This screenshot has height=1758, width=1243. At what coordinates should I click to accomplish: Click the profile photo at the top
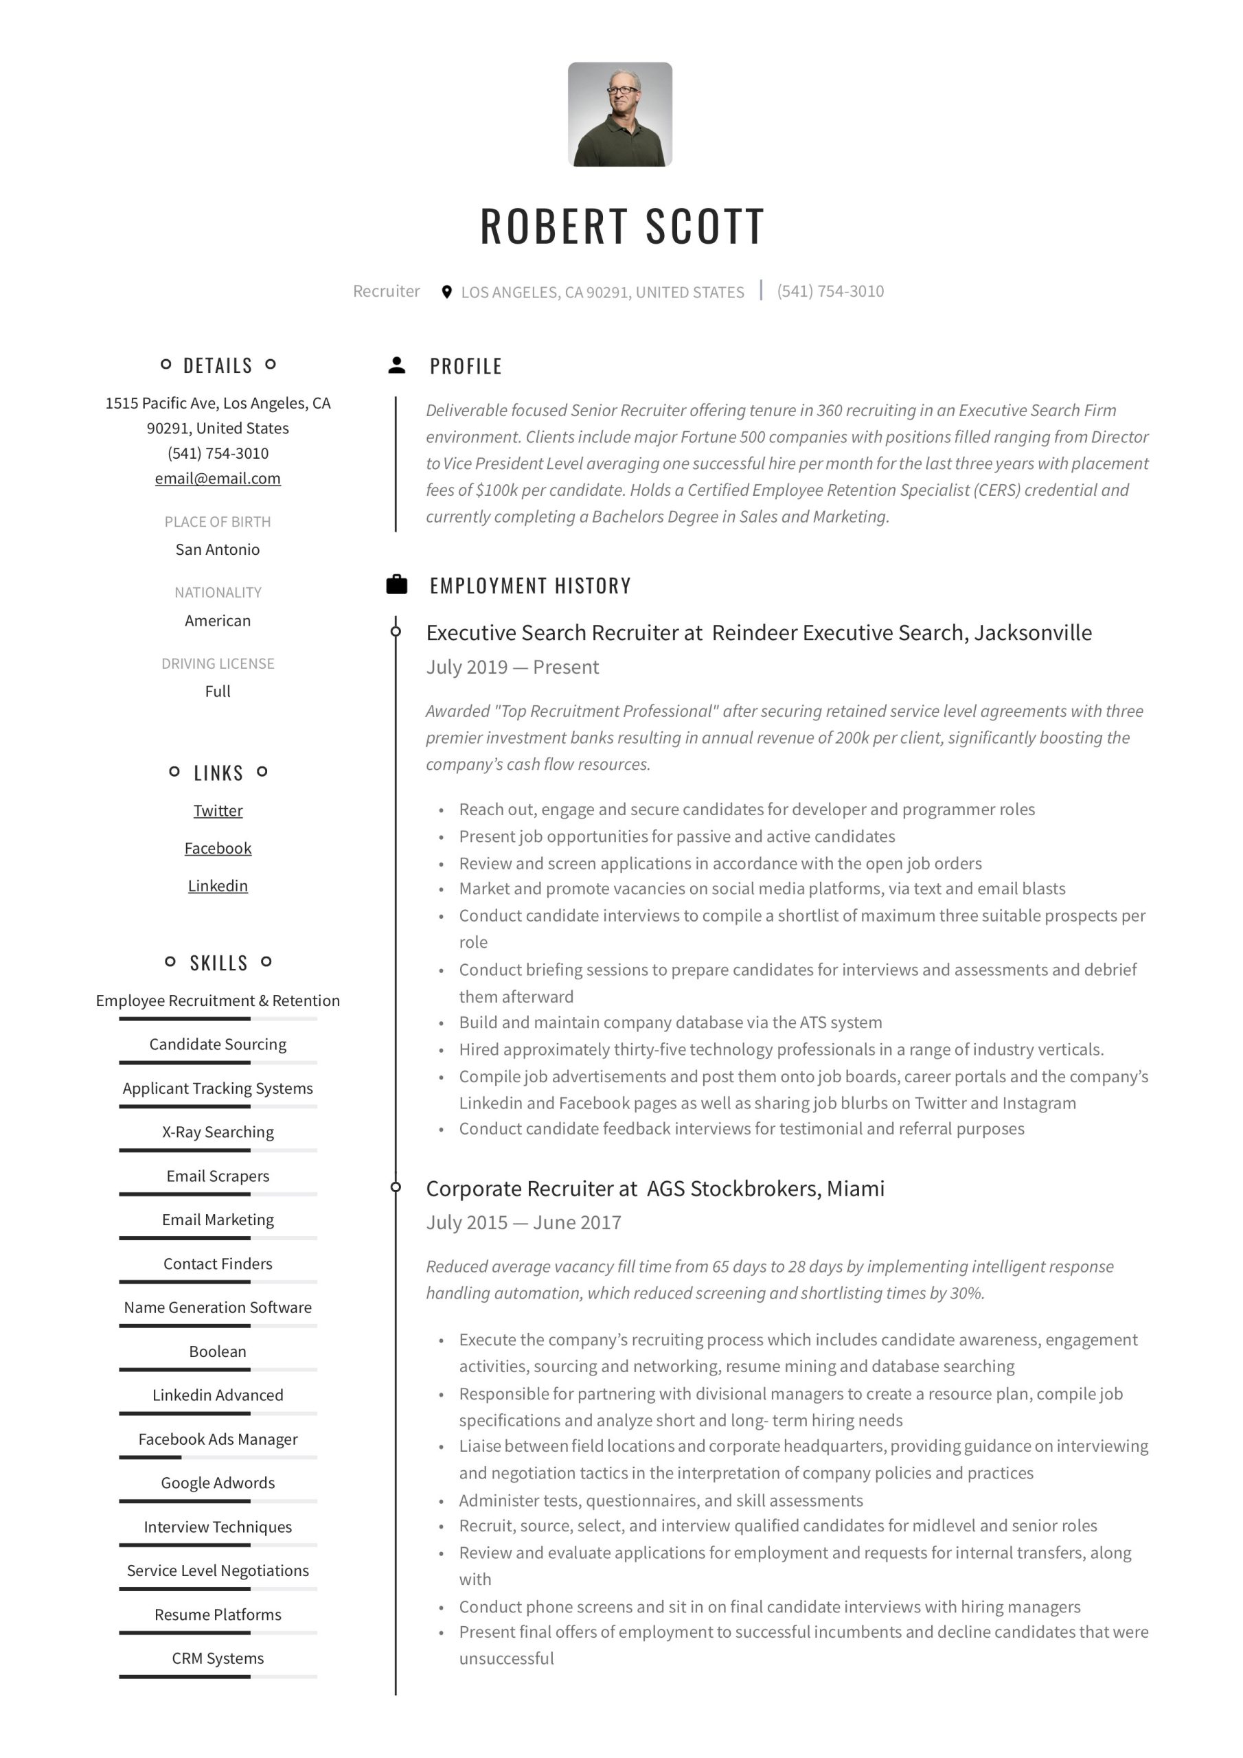click(x=619, y=114)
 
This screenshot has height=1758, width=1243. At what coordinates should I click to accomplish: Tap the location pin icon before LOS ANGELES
click(x=446, y=292)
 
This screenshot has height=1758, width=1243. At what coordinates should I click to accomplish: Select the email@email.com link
click(x=218, y=479)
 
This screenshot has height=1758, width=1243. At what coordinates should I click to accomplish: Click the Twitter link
click(x=218, y=810)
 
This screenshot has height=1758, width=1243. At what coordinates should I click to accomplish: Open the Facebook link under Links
click(x=218, y=848)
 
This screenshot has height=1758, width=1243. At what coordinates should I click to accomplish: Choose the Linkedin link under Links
click(x=218, y=886)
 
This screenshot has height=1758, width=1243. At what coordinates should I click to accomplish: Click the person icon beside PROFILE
click(x=397, y=365)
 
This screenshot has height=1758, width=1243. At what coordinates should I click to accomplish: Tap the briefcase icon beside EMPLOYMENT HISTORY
click(x=397, y=585)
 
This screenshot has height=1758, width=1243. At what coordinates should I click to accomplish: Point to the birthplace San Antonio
click(x=218, y=550)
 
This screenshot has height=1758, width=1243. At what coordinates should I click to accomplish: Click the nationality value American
click(x=218, y=621)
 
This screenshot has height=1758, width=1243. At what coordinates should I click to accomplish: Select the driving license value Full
click(x=218, y=692)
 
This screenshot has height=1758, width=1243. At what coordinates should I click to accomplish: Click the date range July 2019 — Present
click(x=512, y=667)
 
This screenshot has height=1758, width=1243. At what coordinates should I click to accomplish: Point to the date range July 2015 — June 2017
click(x=523, y=1223)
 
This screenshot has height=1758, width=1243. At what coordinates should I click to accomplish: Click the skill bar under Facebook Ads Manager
click(x=218, y=1457)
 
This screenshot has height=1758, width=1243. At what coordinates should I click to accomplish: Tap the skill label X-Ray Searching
click(x=218, y=1132)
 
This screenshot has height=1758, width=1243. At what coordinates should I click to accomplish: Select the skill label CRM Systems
click(x=218, y=1658)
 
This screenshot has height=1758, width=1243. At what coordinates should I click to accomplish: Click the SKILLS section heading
click(x=218, y=963)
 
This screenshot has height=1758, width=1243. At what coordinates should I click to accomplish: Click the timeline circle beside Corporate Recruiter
click(x=396, y=1187)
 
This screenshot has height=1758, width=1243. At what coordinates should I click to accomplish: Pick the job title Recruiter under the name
click(x=386, y=292)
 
